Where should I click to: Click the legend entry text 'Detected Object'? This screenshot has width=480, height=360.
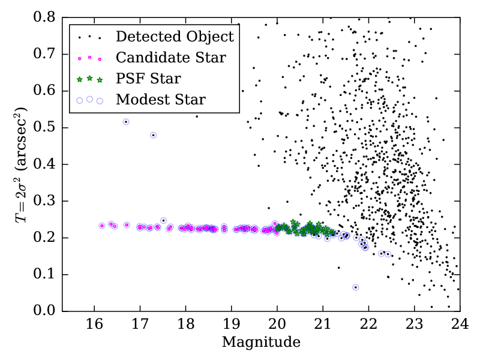pos(175,37)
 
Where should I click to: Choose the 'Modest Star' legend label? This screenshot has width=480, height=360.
pos(161,100)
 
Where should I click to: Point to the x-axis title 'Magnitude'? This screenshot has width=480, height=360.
pos(261,343)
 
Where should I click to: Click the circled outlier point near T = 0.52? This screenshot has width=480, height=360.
pos(126,122)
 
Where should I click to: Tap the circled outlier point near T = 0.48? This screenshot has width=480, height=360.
pos(153,135)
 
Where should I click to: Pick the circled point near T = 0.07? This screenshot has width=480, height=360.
pos(355,287)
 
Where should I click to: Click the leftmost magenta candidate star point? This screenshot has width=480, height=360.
pos(102,226)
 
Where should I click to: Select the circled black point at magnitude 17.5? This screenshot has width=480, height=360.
pos(163,221)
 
